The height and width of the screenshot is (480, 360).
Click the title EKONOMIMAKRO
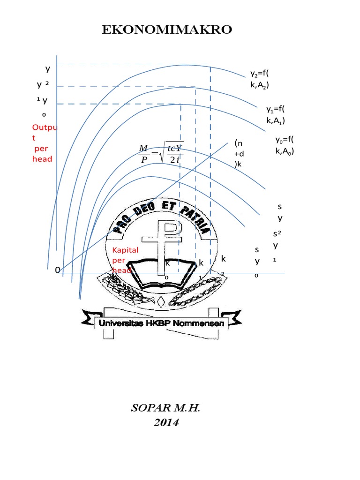click(x=167, y=30)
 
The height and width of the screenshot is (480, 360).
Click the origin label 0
click(x=57, y=270)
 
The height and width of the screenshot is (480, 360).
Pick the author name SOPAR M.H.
click(x=166, y=408)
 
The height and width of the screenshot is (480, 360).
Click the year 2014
click(x=166, y=422)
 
